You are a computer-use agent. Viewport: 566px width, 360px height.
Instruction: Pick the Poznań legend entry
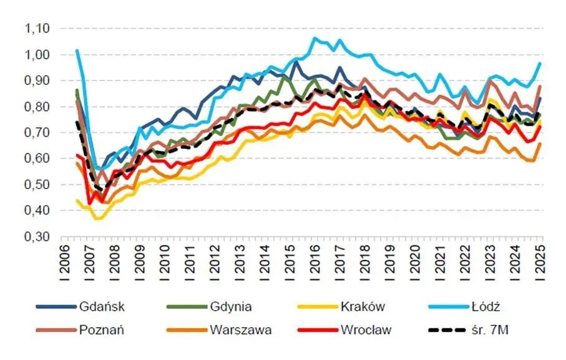(x=102, y=330)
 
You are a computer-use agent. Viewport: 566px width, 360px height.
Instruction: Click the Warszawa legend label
(x=240, y=330)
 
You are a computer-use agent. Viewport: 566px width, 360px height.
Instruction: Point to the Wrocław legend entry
(x=366, y=330)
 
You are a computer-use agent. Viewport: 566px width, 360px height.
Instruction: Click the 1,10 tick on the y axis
(x=36, y=29)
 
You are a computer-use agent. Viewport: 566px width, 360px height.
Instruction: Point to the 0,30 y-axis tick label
(x=36, y=237)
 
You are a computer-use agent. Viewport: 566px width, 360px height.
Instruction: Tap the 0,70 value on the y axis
(x=36, y=133)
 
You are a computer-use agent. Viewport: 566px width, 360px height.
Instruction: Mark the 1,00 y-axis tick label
(x=36, y=55)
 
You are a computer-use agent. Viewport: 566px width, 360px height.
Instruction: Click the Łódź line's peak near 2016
(x=316, y=39)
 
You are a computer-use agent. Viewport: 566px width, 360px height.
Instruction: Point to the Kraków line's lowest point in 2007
(x=95, y=219)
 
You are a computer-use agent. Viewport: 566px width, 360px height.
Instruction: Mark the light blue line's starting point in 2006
(x=77, y=51)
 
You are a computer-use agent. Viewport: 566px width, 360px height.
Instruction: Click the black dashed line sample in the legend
(x=448, y=330)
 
